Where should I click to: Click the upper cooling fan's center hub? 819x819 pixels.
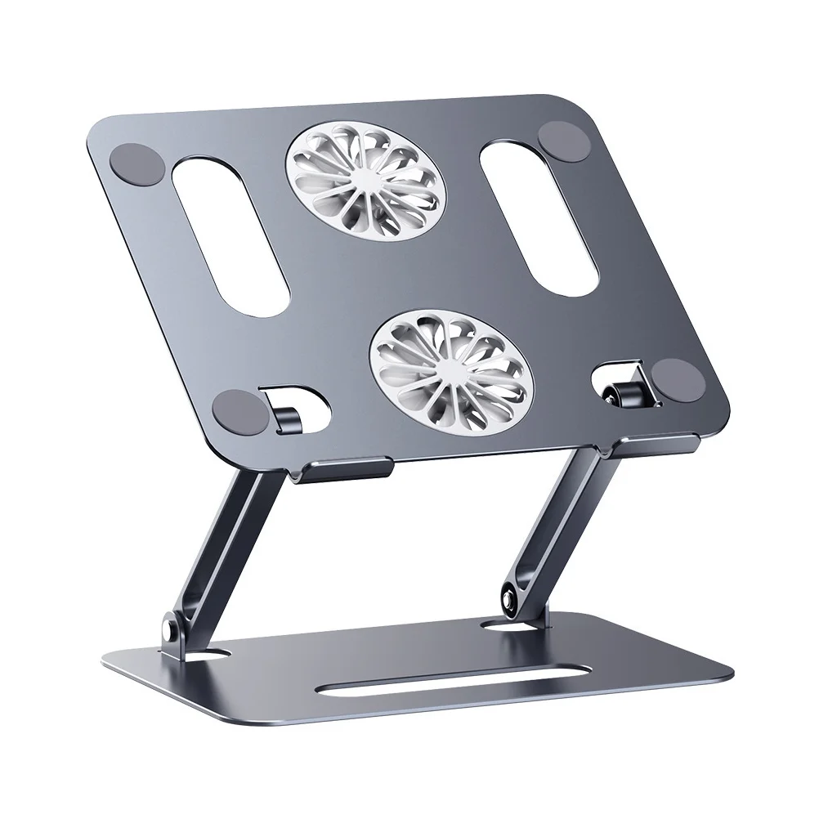point(366,172)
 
